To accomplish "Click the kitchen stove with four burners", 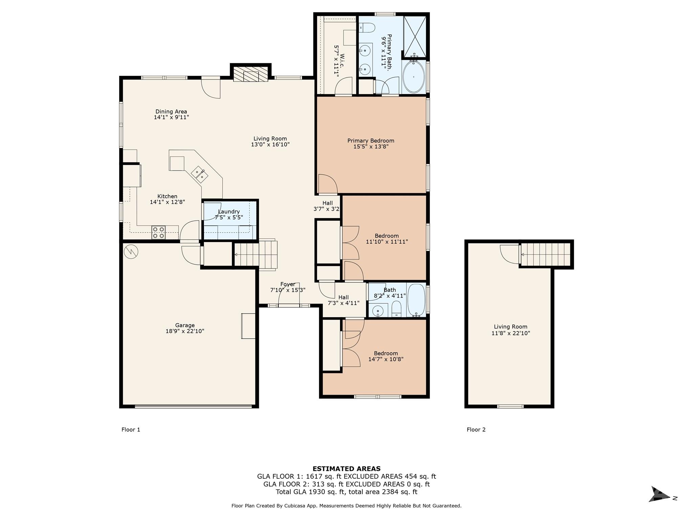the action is click(x=158, y=232).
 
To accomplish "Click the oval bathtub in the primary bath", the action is click(x=413, y=77).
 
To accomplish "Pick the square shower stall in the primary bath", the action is click(x=415, y=36).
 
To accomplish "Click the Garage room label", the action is click(x=185, y=325).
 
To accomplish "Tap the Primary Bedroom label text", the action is click(x=371, y=140).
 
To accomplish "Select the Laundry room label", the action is click(x=229, y=212).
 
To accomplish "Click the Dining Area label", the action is click(x=171, y=111).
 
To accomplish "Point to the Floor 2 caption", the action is click(x=476, y=430).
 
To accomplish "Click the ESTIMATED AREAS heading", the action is click(x=346, y=469).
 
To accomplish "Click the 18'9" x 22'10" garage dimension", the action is click(x=185, y=331).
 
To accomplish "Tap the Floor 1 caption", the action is click(x=131, y=430).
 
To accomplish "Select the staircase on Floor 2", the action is click(x=545, y=255).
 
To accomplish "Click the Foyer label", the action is click(x=288, y=284).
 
